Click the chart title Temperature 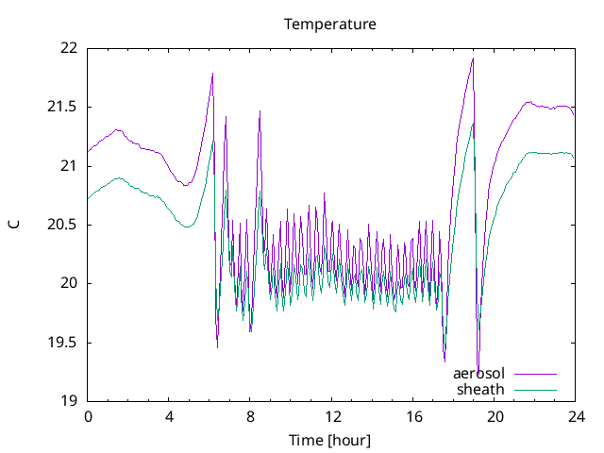point(330,24)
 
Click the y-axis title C point(13,224)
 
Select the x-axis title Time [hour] point(330,440)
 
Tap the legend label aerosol point(479,374)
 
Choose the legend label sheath point(481,389)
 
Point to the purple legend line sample point(534,374)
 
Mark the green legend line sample point(534,389)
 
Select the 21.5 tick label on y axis point(65,107)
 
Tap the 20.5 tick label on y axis point(65,225)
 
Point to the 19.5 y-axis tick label point(65,343)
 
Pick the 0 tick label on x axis point(88,416)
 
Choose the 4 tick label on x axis point(169,416)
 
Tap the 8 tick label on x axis point(250,416)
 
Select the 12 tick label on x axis point(332,416)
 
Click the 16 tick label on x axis point(413,416)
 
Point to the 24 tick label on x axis point(576,416)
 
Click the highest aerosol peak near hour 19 point(473,59)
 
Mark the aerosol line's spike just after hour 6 point(212,74)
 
